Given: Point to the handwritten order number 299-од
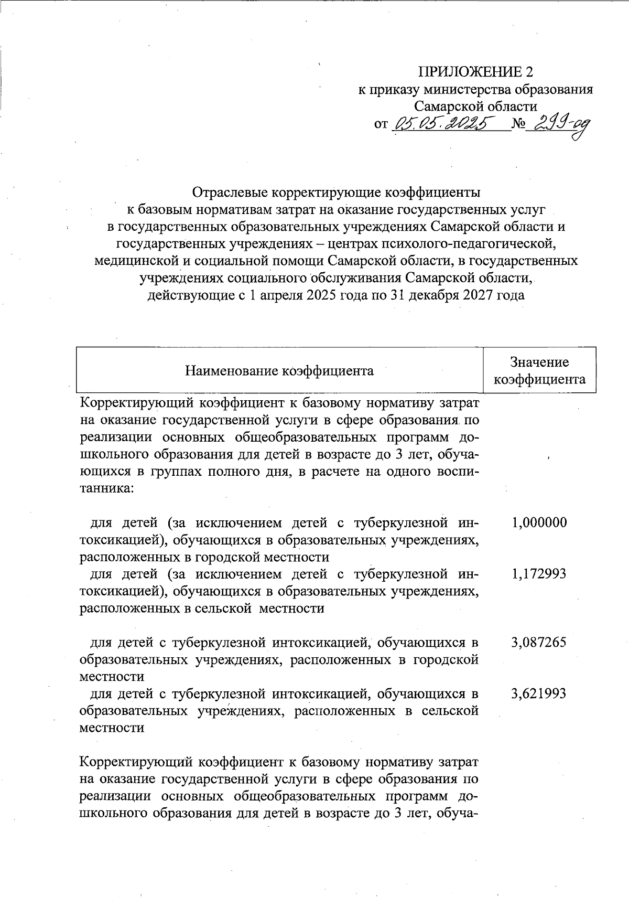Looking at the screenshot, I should click(557, 126).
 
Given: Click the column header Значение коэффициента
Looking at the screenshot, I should click(539, 370).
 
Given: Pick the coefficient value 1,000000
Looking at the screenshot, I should click(539, 522).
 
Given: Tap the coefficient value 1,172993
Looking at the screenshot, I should click(539, 573).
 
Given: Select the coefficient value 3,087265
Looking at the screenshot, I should click(539, 642).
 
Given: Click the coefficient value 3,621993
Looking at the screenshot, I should click(539, 693).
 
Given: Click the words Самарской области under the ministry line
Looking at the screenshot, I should click(475, 106).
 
